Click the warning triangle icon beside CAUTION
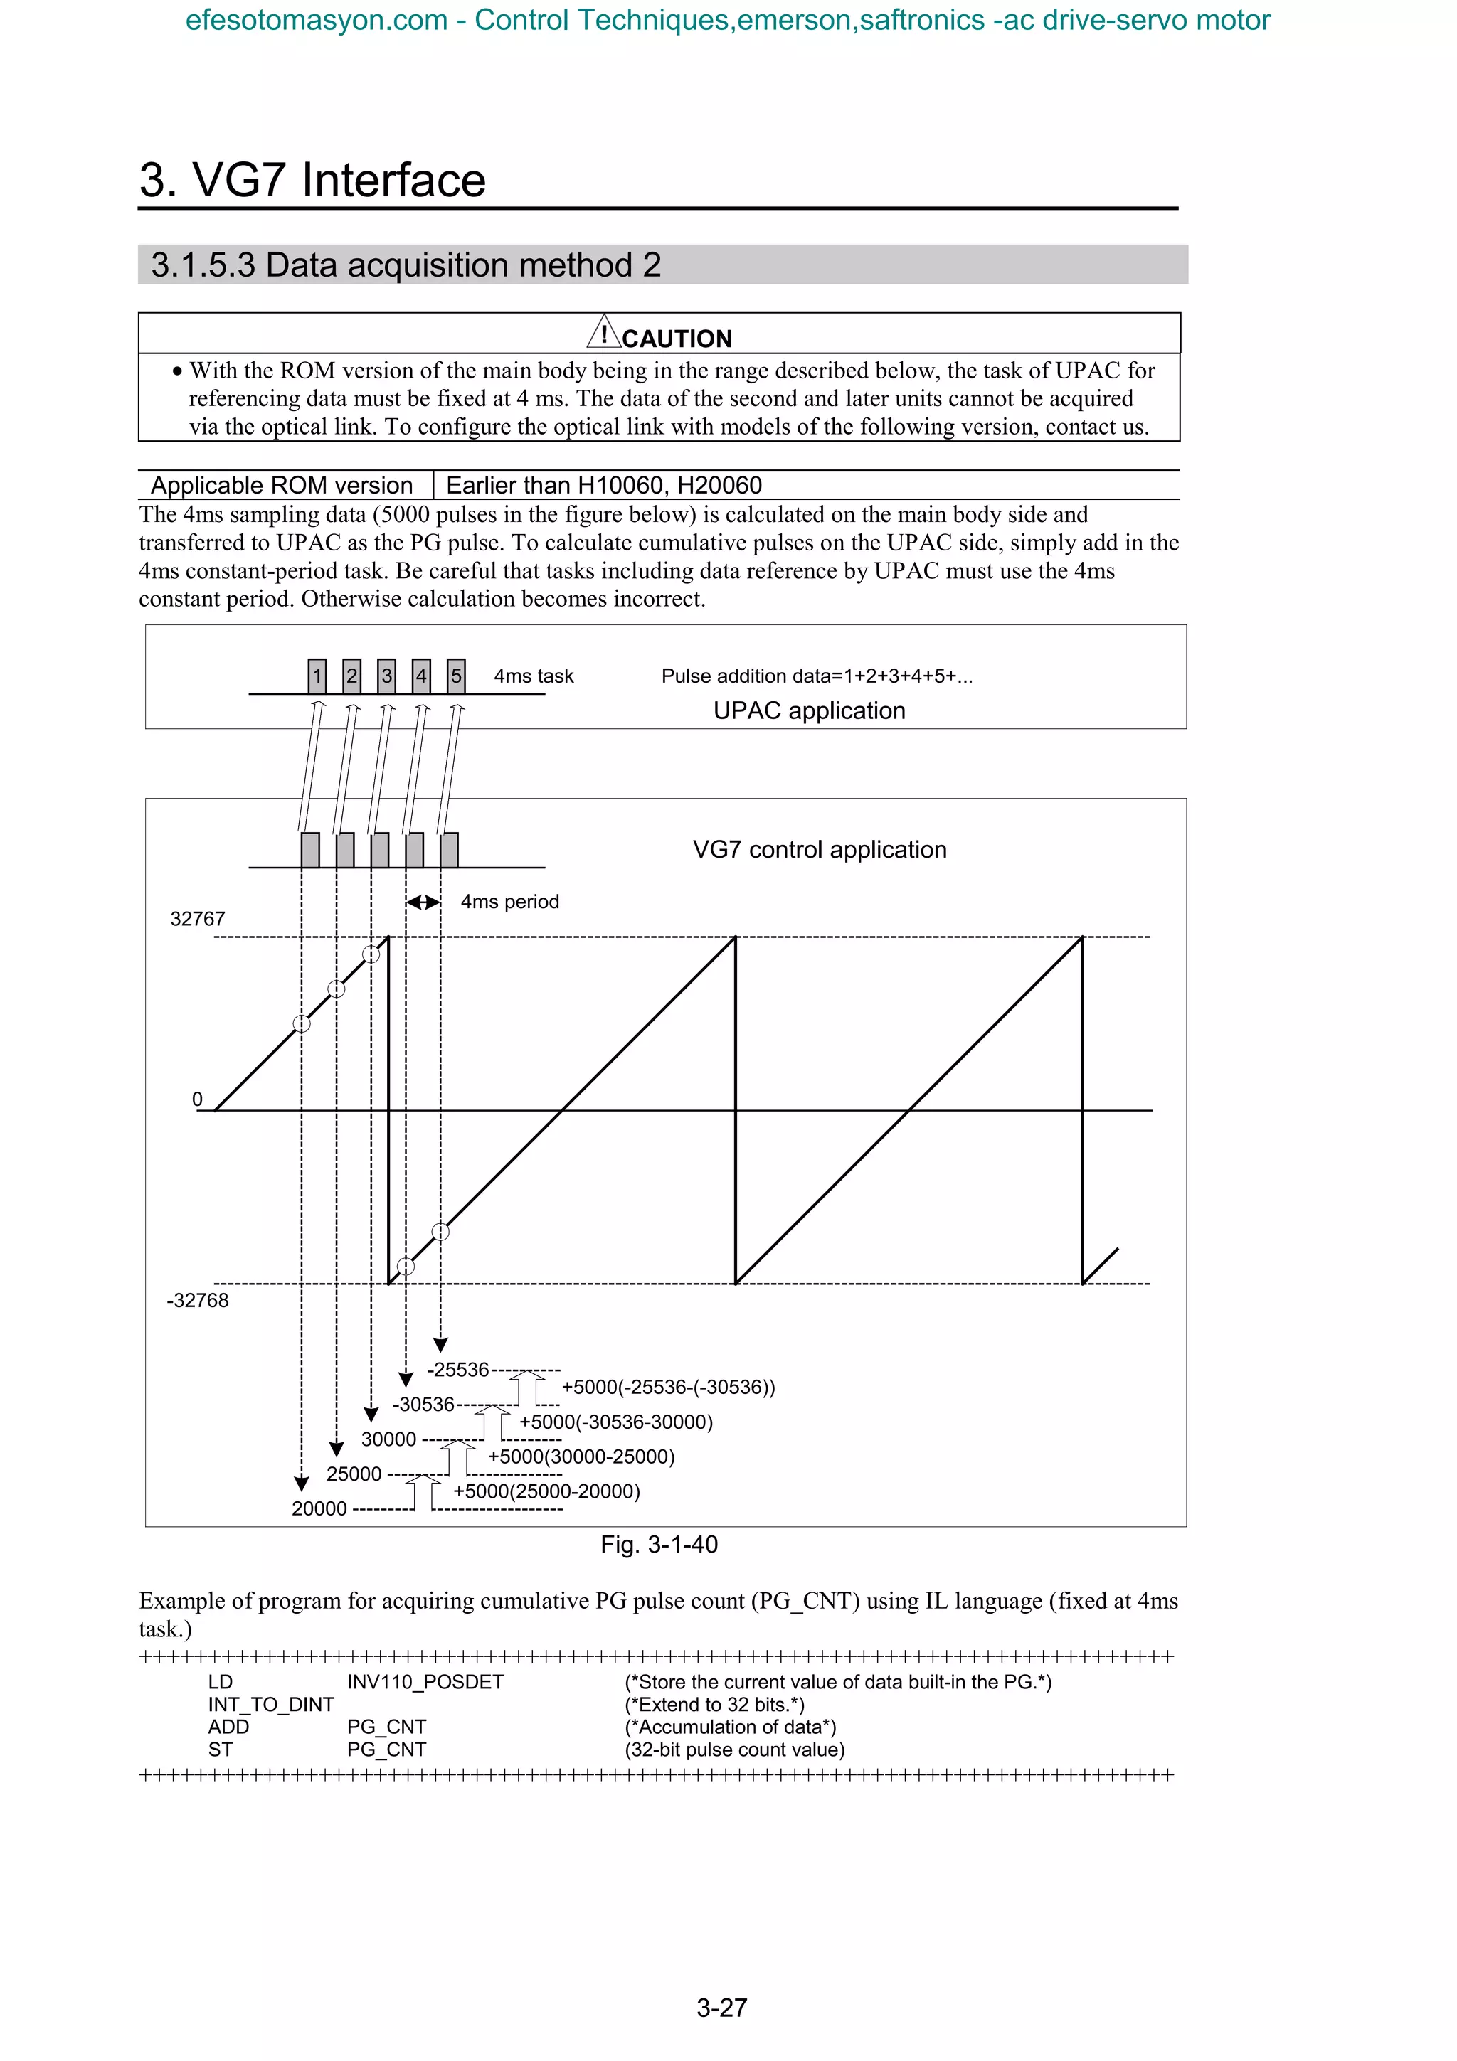[x=604, y=333]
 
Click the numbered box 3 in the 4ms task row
[x=386, y=676]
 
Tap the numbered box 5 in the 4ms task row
[x=456, y=676]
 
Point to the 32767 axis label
[x=198, y=918]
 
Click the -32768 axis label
[x=198, y=1300]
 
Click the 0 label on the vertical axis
[x=198, y=1099]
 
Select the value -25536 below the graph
[x=458, y=1370]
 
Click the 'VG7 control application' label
[x=819, y=849]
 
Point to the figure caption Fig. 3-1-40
[x=659, y=1544]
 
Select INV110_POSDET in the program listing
[x=425, y=1681]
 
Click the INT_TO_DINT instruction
[x=270, y=1704]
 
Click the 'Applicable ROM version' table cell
[x=281, y=485]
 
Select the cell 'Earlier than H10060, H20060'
[x=603, y=485]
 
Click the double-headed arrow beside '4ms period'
[x=423, y=902]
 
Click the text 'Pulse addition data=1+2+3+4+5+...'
[x=816, y=676]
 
